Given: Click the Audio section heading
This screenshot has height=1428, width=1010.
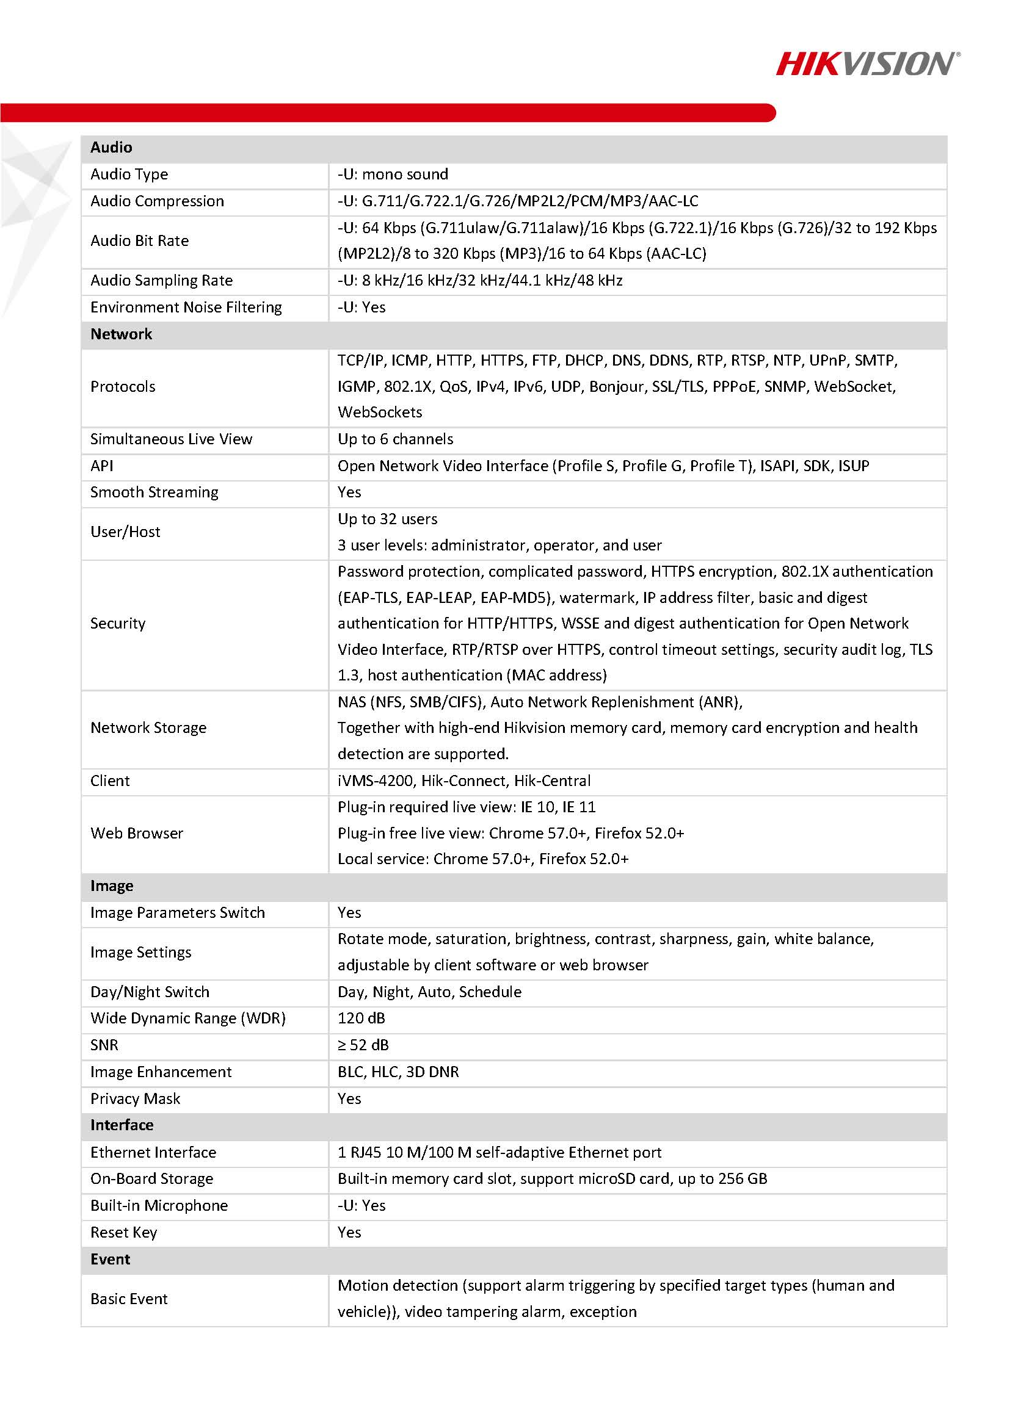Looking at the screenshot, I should coord(111,148).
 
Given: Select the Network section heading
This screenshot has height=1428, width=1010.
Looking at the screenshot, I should coord(121,334).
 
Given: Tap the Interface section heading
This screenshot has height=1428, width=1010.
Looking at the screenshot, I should coord(122,1125).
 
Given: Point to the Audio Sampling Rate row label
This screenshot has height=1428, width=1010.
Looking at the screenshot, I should coord(161,281).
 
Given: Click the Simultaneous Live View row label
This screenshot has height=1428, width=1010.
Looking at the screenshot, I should coord(171,439).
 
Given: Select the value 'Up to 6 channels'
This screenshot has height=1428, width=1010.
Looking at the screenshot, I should coord(395,439).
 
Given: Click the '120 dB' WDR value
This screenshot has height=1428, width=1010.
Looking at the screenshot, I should coord(361,1018).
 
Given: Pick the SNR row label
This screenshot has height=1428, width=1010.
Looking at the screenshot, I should coord(104,1045).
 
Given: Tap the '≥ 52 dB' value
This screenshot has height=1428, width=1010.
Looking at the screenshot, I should coord(363,1045).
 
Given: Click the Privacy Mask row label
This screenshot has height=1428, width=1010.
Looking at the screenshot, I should coord(135,1098).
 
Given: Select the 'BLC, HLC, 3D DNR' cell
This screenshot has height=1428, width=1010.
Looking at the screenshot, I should coord(398,1072).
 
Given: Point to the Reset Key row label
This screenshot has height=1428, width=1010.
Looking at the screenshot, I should coord(123,1232).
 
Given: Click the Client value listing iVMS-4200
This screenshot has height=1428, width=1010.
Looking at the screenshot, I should coord(463,781).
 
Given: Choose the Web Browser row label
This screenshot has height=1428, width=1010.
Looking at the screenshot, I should coord(136,833).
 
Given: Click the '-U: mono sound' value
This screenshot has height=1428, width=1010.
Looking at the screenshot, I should coord(393,174).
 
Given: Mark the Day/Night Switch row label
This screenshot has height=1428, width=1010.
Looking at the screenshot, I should coord(150,992).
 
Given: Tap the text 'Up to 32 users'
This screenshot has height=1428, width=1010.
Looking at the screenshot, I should coord(387,519).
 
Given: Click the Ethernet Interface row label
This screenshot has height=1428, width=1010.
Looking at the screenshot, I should coord(153,1152).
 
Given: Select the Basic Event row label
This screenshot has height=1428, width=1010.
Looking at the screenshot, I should coord(129,1298).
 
